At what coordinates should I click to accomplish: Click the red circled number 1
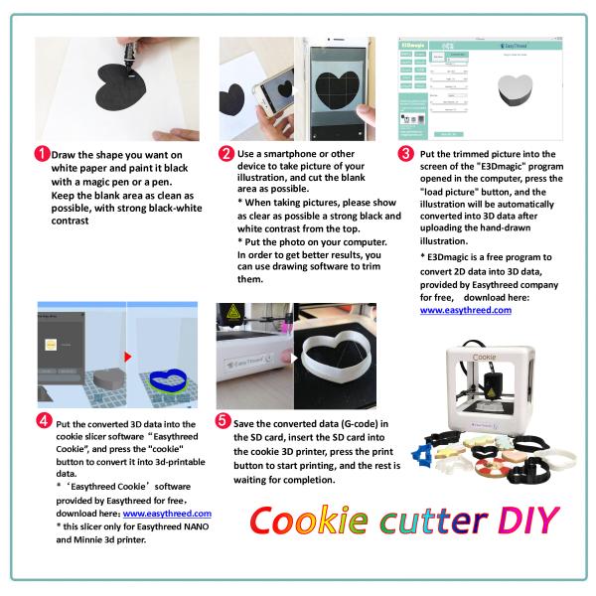point(42,155)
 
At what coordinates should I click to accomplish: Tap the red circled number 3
point(404,154)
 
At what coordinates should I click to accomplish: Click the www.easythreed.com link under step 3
point(465,310)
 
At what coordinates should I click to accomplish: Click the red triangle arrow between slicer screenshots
point(127,355)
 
